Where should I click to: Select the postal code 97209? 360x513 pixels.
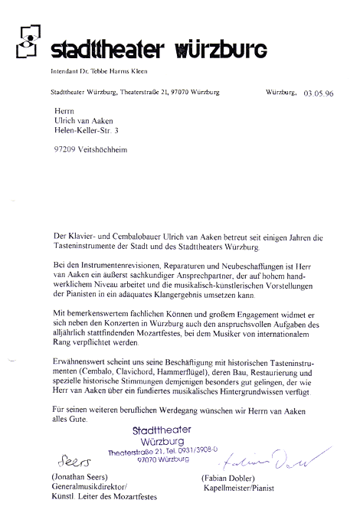coord(64,149)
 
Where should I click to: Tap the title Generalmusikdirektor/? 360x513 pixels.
coord(90,486)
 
